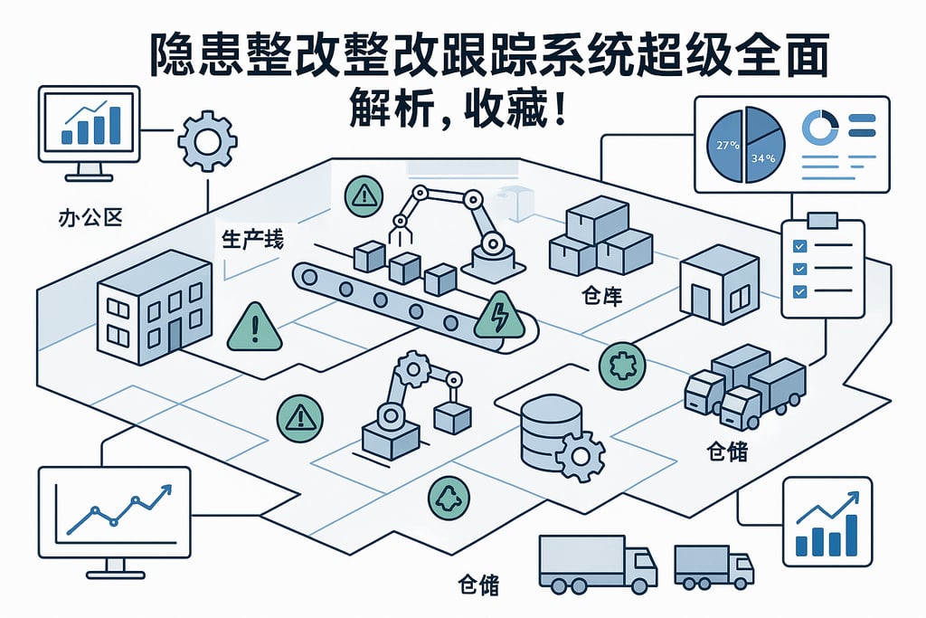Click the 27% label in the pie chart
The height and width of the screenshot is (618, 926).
click(727, 145)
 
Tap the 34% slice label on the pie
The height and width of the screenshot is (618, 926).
click(764, 159)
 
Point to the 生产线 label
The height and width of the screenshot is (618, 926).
click(249, 241)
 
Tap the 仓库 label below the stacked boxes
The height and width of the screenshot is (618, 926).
click(601, 296)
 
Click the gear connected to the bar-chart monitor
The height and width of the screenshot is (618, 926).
click(207, 140)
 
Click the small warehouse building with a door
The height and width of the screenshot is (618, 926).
click(720, 283)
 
